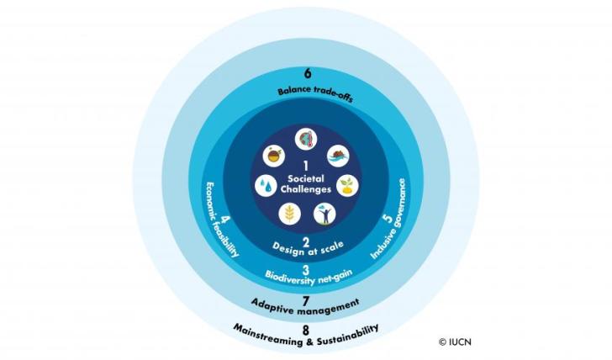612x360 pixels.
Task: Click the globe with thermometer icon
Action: pos(305,140)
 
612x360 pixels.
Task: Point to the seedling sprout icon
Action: pos(345,184)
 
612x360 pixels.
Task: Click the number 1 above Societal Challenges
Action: pos(306,166)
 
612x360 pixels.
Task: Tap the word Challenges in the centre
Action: pos(305,189)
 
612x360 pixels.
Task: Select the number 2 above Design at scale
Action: pos(305,239)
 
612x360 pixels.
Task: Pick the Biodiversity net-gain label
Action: pos(306,276)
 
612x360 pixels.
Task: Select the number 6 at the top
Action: pos(306,77)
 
